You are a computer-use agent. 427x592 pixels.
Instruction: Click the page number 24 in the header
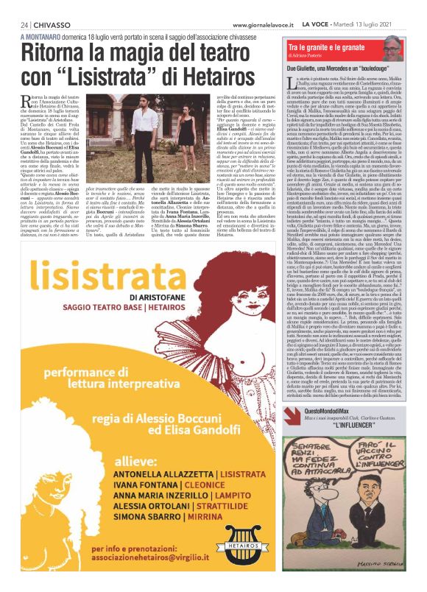24,24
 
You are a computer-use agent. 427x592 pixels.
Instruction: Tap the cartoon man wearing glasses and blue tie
346,515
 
